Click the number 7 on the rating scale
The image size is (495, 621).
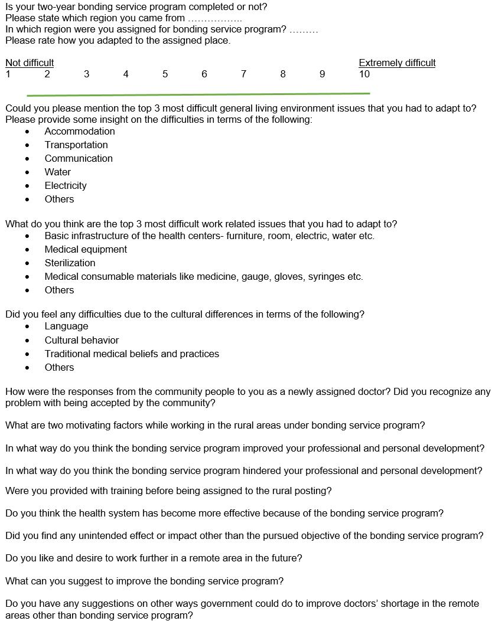click(x=243, y=74)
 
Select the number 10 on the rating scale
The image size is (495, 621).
click(x=364, y=74)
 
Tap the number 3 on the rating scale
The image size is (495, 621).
click(x=86, y=74)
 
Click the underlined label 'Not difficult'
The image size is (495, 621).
click(x=30, y=63)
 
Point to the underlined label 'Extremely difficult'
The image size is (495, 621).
click(x=397, y=63)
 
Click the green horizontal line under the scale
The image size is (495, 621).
click(x=198, y=94)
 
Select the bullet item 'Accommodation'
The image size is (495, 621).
click(x=80, y=132)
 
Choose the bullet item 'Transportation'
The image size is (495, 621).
click(x=76, y=145)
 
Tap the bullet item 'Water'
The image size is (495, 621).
click(x=57, y=172)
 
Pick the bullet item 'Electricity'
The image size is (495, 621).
click(x=66, y=186)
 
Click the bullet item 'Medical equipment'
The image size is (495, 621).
click(x=86, y=250)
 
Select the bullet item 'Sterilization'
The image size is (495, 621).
click(x=70, y=263)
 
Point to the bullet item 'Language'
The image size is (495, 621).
click(x=66, y=326)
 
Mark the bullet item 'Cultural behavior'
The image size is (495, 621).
click(x=82, y=341)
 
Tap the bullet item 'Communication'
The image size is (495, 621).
click(x=79, y=159)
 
